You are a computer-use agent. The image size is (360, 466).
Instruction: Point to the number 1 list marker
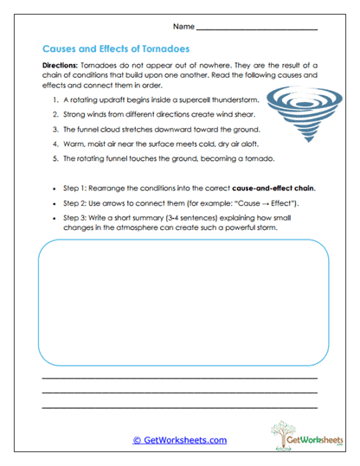[x=55, y=100]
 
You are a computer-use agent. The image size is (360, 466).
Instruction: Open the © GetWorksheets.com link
[x=180, y=440]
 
